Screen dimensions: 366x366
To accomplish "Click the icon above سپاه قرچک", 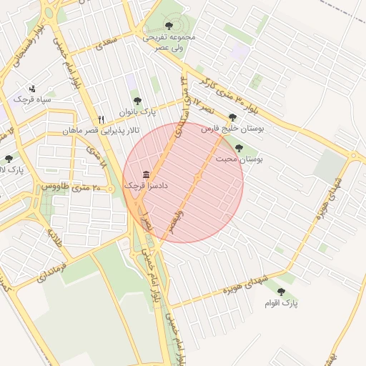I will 32,89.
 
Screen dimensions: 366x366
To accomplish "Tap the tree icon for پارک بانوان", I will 137,101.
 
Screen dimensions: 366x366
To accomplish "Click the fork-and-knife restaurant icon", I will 102,119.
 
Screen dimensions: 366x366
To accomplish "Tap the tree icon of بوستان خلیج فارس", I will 230,117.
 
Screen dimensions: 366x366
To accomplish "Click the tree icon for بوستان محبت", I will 239,148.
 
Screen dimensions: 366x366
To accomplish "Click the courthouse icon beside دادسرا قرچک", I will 147,174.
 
